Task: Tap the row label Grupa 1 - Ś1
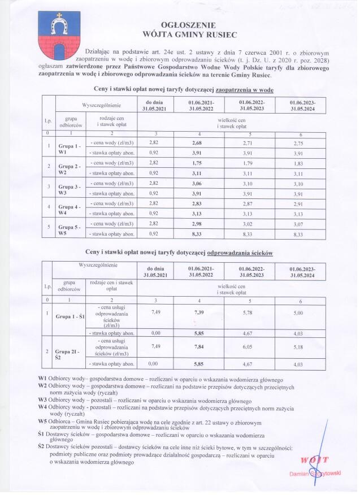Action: pyautogui.click(x=70, y=316)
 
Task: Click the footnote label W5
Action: pyautogui.click(x=42, y=422)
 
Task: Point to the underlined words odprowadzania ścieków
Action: pyautogui.click(x=240, y=254)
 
